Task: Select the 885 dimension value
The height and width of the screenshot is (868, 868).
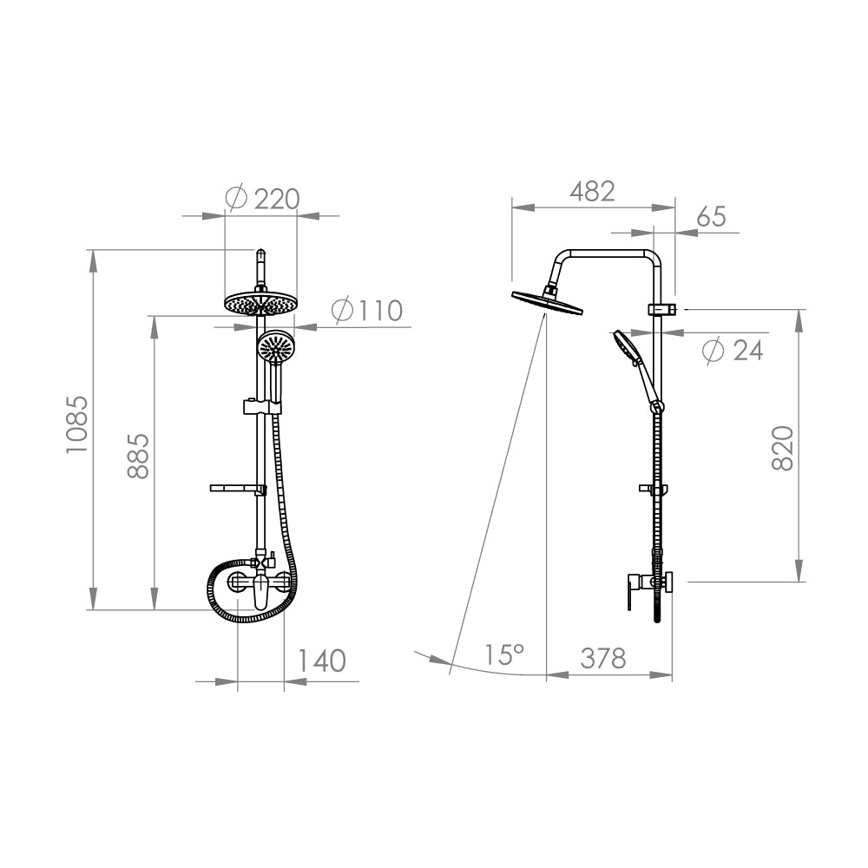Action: (x=138, y=456)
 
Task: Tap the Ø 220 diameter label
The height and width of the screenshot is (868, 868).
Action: (x=264, y=199)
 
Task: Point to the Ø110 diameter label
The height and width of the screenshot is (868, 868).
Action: (x=367, y=311)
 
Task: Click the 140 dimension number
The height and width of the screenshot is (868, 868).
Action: (x=322, y=661)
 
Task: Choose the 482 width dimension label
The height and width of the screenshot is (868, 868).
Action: (x=592, y=192)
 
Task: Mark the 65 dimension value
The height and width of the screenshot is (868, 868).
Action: (x=711, y=216)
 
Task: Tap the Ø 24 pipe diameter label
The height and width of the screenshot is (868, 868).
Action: (x=733, y=351)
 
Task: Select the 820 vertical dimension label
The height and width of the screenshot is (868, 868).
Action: (x=783, y=449)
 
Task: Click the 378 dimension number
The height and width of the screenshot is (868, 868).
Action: (x=603, y=658)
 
